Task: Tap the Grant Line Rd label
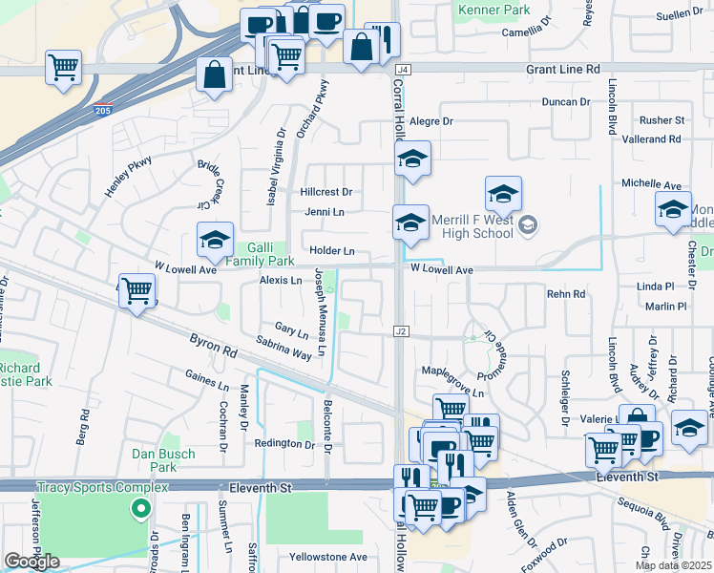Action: coord(566,70)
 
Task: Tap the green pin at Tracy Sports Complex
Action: coord(142,510)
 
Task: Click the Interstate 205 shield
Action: coord(103,110)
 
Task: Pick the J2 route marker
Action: coord(401,331)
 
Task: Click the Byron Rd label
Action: coord(212,345)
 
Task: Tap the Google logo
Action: coord(32,562)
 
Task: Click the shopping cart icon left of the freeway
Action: coord(64,68)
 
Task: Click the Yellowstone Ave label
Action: coord(328,557)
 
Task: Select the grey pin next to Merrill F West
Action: coord(530,226)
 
